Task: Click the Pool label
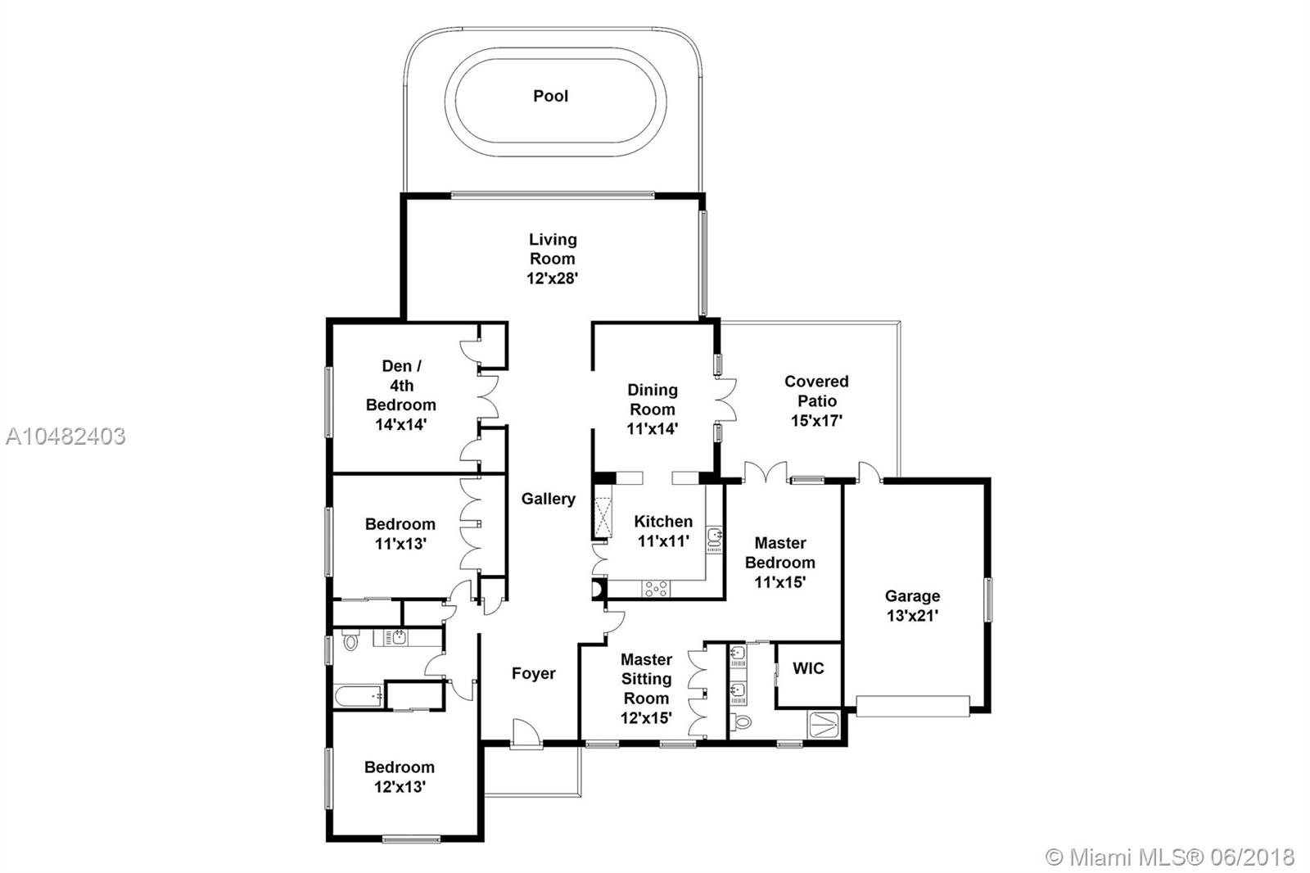click(550, 96)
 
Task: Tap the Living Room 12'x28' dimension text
click(552, 278)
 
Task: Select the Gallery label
click(548, 499)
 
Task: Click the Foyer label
click(533, 673)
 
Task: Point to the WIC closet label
click(808, 668)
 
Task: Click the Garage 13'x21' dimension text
click(912, 616)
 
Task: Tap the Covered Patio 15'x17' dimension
click(816, 421)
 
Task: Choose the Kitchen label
click(663, 522)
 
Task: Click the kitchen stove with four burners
click(656, 589)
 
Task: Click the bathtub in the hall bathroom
click(359, 696)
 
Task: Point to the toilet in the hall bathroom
click(350, 640)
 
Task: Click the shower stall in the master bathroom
click(824, 725)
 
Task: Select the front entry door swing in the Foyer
click(526, 733)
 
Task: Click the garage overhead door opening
click(913, 706)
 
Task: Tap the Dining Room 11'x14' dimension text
click(652, 429)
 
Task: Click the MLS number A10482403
click(65, 436)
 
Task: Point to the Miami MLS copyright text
click(1170, 857)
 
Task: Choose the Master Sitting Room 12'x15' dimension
click(646, 718)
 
